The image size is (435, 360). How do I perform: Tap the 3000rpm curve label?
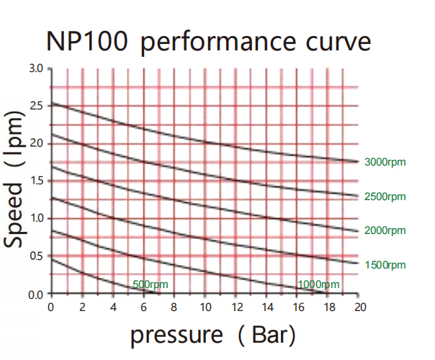[385, 162]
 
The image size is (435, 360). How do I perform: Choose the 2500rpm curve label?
[385, 197]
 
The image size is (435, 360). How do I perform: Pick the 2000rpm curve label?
[385, 230]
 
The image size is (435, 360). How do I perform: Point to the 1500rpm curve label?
[385, 265]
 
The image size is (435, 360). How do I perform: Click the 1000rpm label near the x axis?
[318, 284]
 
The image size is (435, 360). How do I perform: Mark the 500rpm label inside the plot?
[151, 284]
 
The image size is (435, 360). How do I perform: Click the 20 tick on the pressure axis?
[360, 307]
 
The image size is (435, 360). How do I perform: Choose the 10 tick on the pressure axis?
[205, 307]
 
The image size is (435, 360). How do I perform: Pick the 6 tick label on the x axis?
[143, 307]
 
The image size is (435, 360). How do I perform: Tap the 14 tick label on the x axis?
[267, 307]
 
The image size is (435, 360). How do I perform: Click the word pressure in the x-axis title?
[176, 335]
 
